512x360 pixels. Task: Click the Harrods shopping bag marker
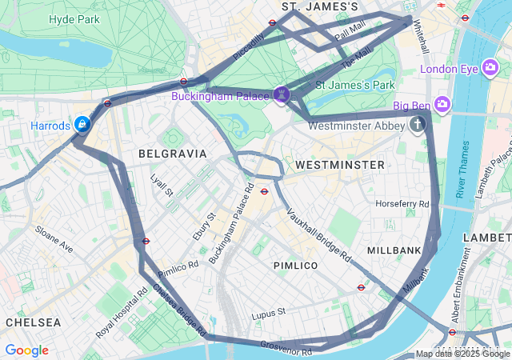82,125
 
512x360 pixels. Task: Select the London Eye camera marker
490,69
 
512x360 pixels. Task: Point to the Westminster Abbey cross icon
416,125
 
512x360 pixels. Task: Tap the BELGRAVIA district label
172,153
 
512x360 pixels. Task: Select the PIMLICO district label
295,265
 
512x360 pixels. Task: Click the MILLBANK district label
394,250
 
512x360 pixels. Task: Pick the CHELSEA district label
33,322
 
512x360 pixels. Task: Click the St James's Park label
355,85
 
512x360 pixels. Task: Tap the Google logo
26,350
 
